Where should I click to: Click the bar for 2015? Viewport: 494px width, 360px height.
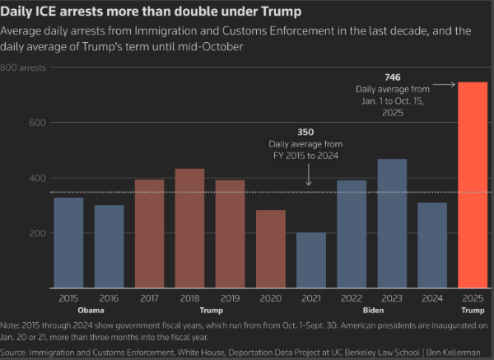tap(69, 242)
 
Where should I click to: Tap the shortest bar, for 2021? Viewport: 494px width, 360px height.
tap(310, 260)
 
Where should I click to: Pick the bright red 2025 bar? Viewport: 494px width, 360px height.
tap(472, 185)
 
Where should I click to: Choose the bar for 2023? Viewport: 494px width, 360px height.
tap(391, 223)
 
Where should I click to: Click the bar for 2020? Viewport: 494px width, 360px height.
tap(270, 249)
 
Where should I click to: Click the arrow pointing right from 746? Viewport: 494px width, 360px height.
tap(444, 84)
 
